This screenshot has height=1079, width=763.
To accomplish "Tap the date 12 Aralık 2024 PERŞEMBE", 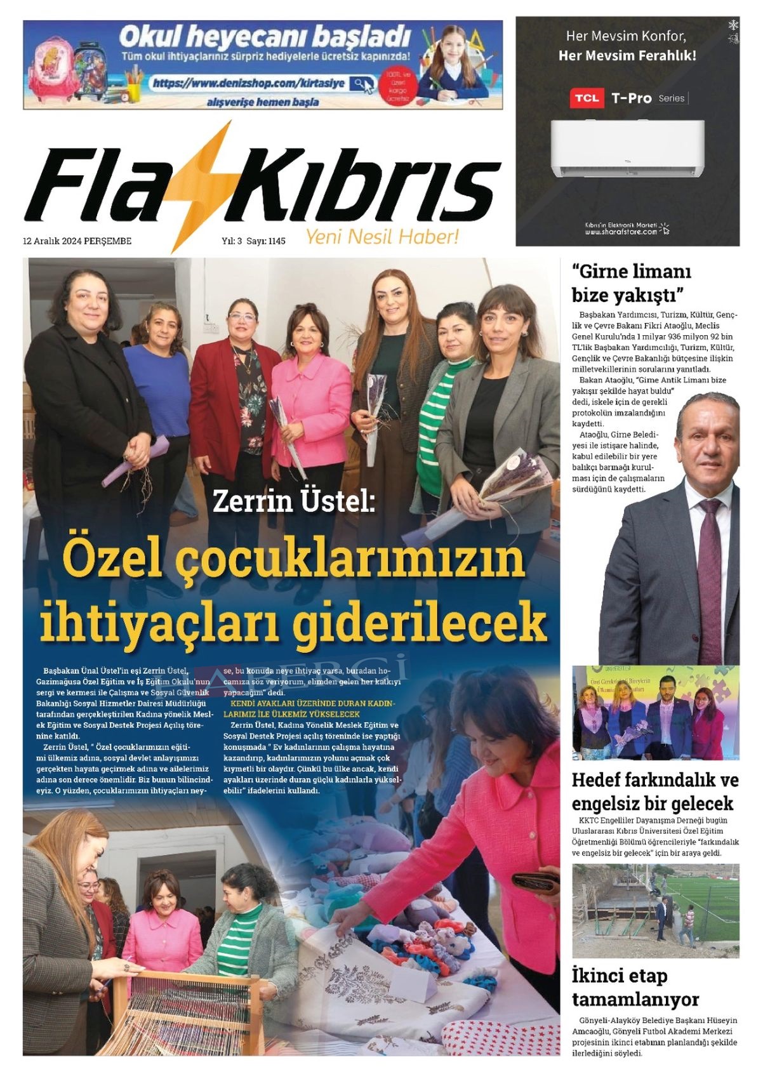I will [77, 241].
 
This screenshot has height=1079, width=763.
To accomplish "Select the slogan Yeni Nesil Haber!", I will [381, 237].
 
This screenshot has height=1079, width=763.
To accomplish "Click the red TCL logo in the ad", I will [586, 98].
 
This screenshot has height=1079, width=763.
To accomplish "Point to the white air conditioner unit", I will [627, 148].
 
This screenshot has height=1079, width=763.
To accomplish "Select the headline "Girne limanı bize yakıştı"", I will [630, 283].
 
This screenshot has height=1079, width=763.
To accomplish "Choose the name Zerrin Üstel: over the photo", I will [294, 501].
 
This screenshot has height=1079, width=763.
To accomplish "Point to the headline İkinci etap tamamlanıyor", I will [635, 988].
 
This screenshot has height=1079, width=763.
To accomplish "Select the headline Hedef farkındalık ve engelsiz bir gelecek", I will [654, 791].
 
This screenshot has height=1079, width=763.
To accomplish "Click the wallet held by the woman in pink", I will [534, 882].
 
